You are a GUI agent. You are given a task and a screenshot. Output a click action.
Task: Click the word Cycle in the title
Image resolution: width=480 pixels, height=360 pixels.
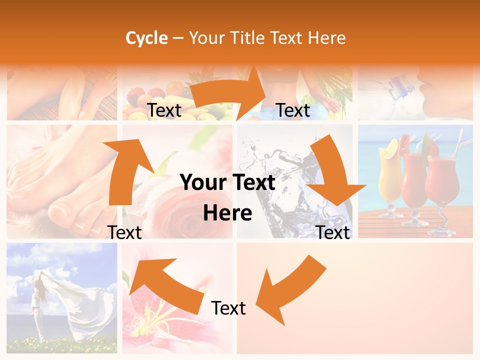tap(146, 38)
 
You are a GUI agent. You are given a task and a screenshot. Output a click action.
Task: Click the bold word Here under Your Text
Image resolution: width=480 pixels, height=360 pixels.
tap(227, 213)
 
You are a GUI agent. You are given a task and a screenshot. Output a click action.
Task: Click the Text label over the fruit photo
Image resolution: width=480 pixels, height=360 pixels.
tap(164, 110)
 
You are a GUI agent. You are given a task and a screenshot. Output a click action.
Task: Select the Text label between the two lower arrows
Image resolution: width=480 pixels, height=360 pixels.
tap(228, 308)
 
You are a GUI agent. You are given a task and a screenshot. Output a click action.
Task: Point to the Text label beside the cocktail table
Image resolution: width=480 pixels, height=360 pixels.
tap(333, 232)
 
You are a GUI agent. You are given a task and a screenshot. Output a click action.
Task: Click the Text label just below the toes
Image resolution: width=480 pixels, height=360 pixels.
tap(124, 232)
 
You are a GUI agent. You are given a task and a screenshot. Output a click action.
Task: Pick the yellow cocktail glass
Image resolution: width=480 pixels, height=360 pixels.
tap(390, 175)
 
